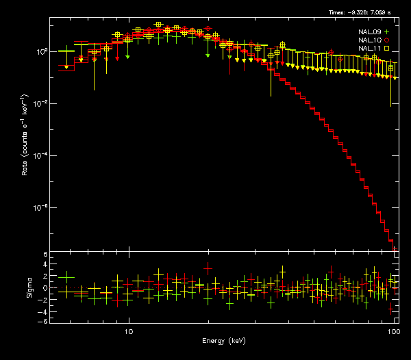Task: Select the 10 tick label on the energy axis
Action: coord(128,331)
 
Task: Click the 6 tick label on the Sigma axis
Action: coord(45,255)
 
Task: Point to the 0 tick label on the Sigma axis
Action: coord(45,288)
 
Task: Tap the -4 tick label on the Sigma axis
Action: coord(43,311)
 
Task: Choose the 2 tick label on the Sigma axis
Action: coord(45,277)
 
